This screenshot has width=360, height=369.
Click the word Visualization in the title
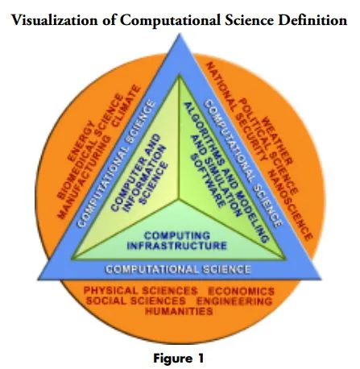tap(55, 20)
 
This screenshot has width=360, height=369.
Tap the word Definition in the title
tap(312, 20)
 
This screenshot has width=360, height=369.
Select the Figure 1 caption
tap(179, 359)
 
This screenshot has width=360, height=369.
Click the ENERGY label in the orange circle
tap(81, 142)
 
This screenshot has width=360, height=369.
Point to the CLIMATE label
tap(126, 106)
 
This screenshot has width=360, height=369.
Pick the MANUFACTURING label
tap(84, 177)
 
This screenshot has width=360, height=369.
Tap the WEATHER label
tap(276, 140)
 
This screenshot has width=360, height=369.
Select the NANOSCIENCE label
tap(291, 205)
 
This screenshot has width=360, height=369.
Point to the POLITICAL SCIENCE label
tap(268, 147)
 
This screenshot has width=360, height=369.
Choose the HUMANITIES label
tap(179, 311)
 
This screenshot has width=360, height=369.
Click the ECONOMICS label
tap(241, 291)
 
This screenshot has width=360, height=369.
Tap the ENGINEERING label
tap(234, 301)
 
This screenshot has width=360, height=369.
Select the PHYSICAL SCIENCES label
tap(140, 291)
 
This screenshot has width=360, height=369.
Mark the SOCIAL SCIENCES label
tap(136, 301)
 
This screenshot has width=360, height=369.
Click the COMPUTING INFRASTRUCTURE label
tap(177, 241)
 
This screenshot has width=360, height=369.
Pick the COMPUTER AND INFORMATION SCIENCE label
tap(139, 173)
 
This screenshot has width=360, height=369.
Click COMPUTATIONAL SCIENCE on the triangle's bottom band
tap(178, 269)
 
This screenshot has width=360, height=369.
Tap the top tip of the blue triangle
tap(180, 34)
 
